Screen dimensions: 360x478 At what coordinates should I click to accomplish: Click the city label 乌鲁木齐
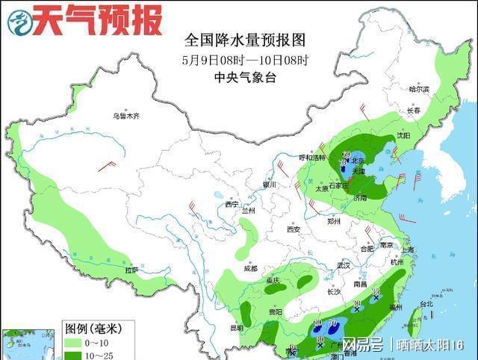(126, 116)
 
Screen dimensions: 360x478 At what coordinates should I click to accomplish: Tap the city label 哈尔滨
(419, 89)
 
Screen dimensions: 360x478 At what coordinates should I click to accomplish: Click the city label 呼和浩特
(312, 158)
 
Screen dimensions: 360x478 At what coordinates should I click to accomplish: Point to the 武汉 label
(344, 265)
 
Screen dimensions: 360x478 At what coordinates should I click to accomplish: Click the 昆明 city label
(237, 327)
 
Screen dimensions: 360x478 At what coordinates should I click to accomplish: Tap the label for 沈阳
(403, 136)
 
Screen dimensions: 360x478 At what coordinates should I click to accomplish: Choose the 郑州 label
(333, 221)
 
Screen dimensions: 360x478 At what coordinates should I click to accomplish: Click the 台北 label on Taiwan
(426, 304)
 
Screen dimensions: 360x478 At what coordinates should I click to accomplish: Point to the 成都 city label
(249, 268)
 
